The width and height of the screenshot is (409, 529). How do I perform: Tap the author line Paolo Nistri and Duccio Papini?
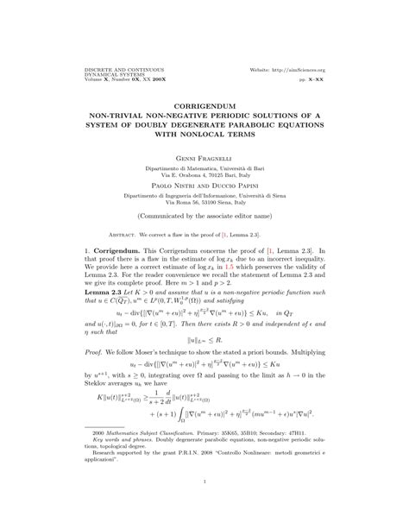point(204,161)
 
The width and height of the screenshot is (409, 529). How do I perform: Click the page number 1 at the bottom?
point(204,507)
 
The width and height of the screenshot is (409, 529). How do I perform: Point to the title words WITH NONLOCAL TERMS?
point(204,122)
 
